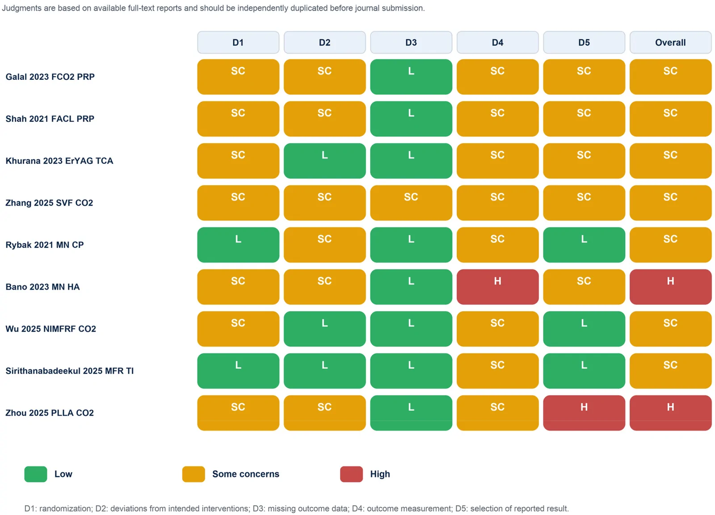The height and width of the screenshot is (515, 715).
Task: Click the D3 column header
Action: (411, 42)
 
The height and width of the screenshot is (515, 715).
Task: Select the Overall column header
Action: (670, 42)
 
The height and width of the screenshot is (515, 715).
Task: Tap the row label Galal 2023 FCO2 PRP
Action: (50, 77)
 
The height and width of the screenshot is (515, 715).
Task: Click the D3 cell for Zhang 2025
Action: (411, 203)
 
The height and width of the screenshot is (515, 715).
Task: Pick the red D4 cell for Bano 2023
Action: (498, 287)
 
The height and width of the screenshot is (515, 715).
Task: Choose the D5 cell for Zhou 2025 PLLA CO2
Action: (584, 413)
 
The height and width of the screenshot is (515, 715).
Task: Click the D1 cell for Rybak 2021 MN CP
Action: (238, 245)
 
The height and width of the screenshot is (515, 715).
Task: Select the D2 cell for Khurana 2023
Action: (324, 161)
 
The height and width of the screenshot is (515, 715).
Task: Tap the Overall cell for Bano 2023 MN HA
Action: (670, 287)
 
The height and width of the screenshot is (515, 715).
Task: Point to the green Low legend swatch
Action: (36, 474)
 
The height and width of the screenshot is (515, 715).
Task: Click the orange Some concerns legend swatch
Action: (193, 474)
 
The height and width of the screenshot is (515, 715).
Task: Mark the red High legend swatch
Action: (351, 474)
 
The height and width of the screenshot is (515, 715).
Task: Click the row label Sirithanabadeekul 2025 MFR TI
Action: (70, 371)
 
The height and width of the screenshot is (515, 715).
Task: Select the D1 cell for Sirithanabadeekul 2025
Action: (238, 371)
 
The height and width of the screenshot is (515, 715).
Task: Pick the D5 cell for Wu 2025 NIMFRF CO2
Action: (584, 329)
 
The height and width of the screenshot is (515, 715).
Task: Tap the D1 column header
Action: (238, 42)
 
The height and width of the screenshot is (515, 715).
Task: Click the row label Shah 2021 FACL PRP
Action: (50, 119)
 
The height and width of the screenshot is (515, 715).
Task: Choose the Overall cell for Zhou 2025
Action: (670, 413)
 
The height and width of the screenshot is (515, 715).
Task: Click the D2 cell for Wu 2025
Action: (324, 329)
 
